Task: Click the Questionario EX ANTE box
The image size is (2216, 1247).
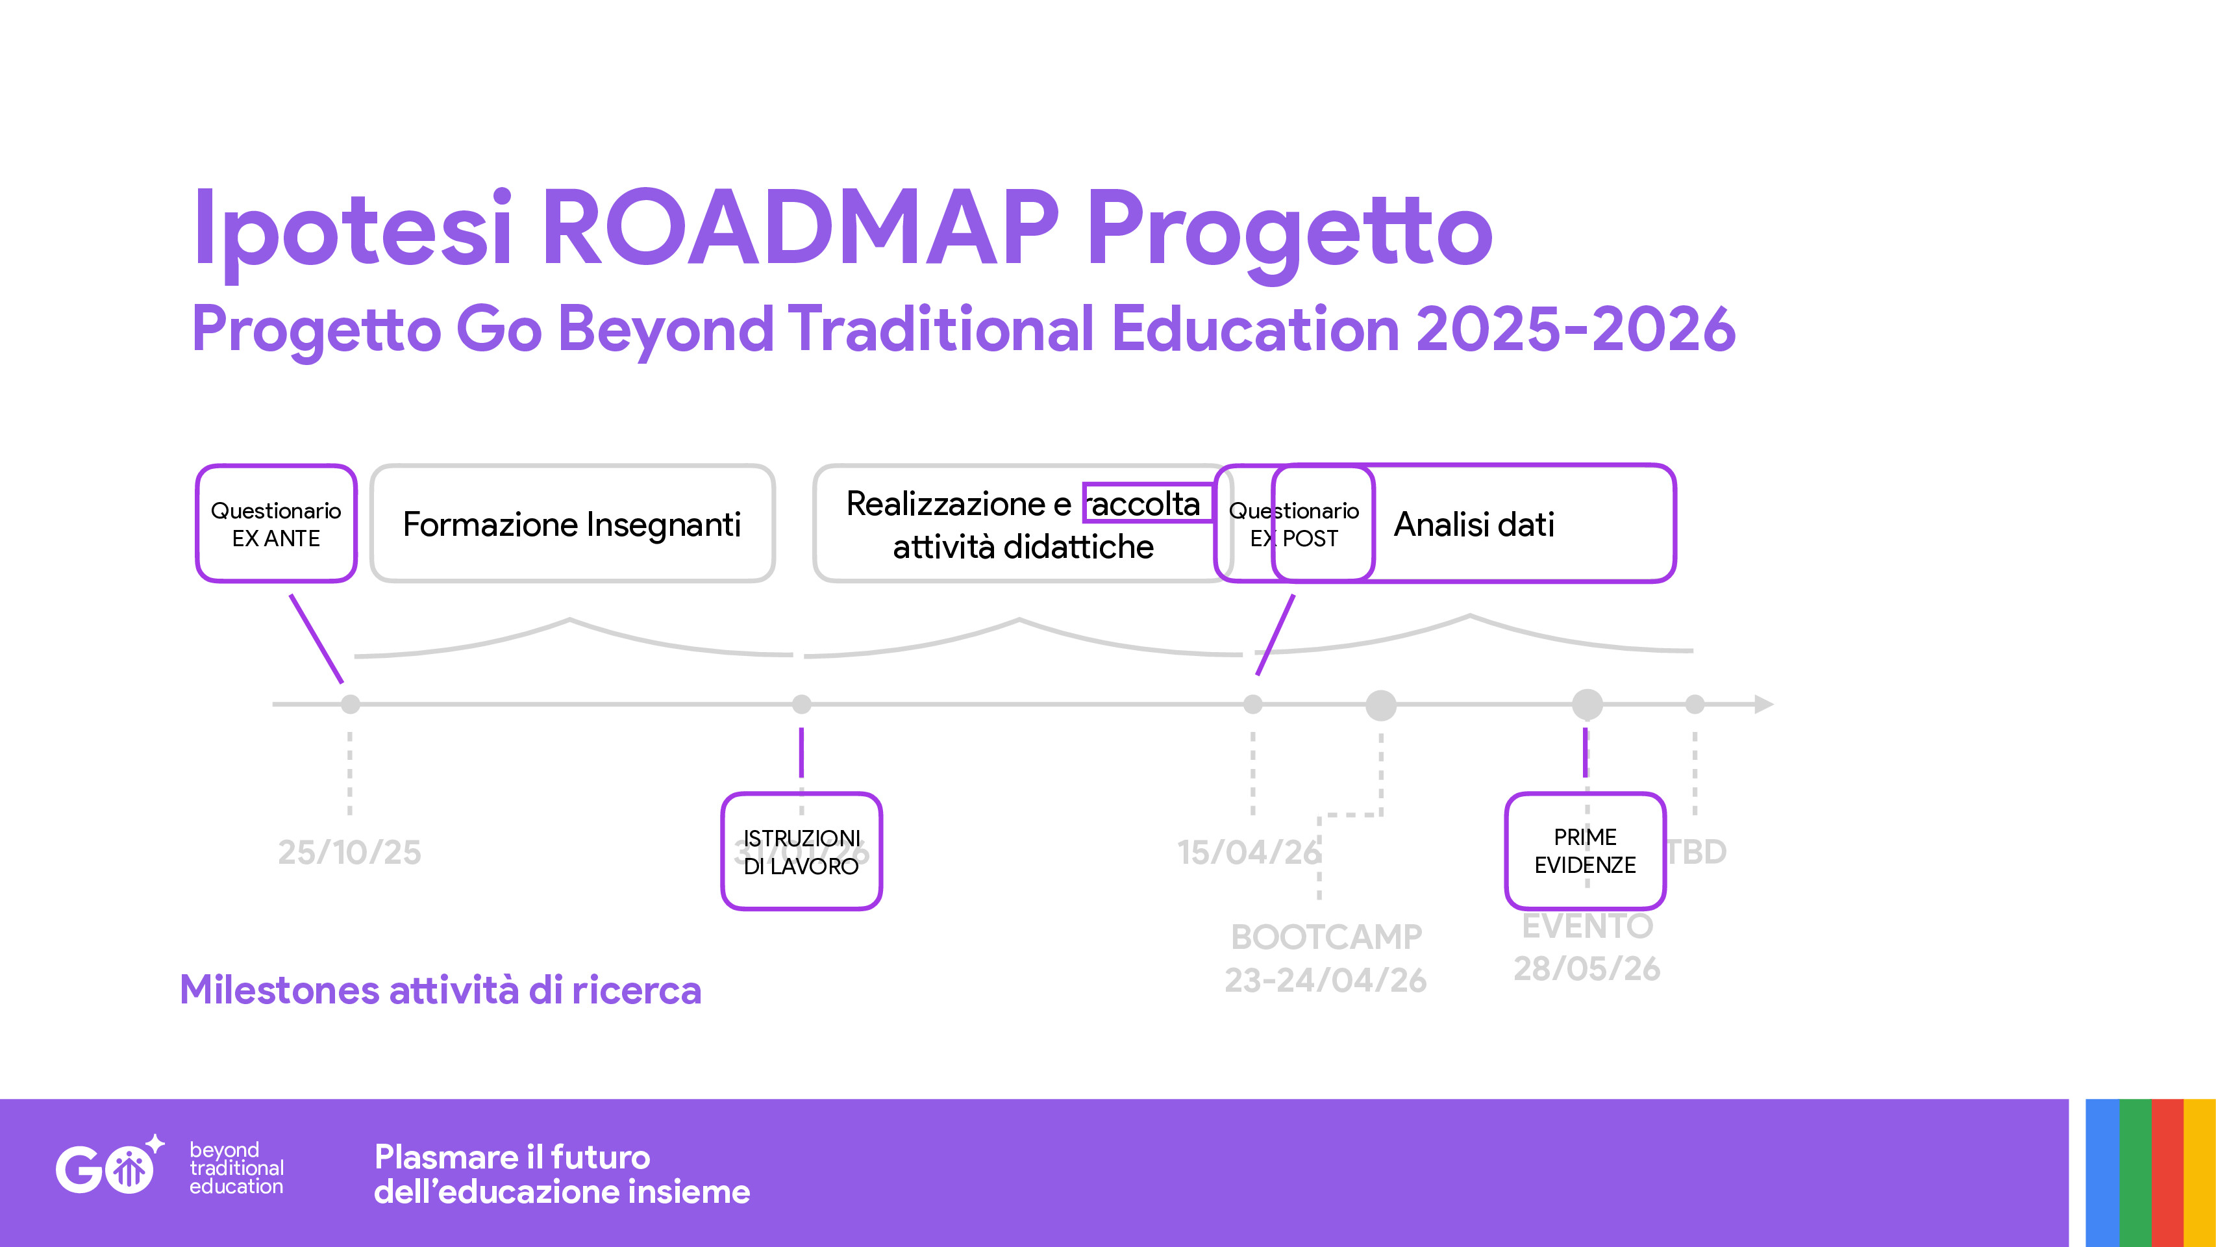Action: tap(275, 523)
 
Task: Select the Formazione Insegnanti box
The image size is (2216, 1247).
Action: tap(572, 523)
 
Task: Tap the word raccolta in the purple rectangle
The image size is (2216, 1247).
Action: tap(1145, 503)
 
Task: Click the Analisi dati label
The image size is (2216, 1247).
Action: tap(1474, 524)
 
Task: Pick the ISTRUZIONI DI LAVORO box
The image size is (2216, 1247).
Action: tap(801, 851)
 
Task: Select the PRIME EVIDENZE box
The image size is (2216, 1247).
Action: tap(1585, 850)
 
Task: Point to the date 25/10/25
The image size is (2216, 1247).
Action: tap(349, 852)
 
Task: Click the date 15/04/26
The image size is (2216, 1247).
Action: tap(1248, 852)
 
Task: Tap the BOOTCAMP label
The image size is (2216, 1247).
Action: tap(1326, 937)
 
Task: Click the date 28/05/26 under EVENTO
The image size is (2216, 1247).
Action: tap(1586, 969)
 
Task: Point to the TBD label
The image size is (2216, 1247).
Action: tap(1697, 852)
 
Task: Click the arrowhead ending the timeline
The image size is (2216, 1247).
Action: tap(1763, 704)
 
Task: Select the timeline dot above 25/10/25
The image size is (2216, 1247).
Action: tap(350, 704)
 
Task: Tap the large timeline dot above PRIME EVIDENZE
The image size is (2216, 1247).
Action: tap(1587, 704)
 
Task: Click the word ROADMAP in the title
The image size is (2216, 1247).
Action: tap(800, 228)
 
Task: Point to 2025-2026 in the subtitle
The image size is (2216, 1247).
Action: tap(1575, 329)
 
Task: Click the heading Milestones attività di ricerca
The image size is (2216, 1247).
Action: tap(440, 990)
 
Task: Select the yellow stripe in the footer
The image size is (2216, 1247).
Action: tap(2199, 1172)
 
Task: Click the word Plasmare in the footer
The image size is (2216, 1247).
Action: tap(448, 1157)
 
